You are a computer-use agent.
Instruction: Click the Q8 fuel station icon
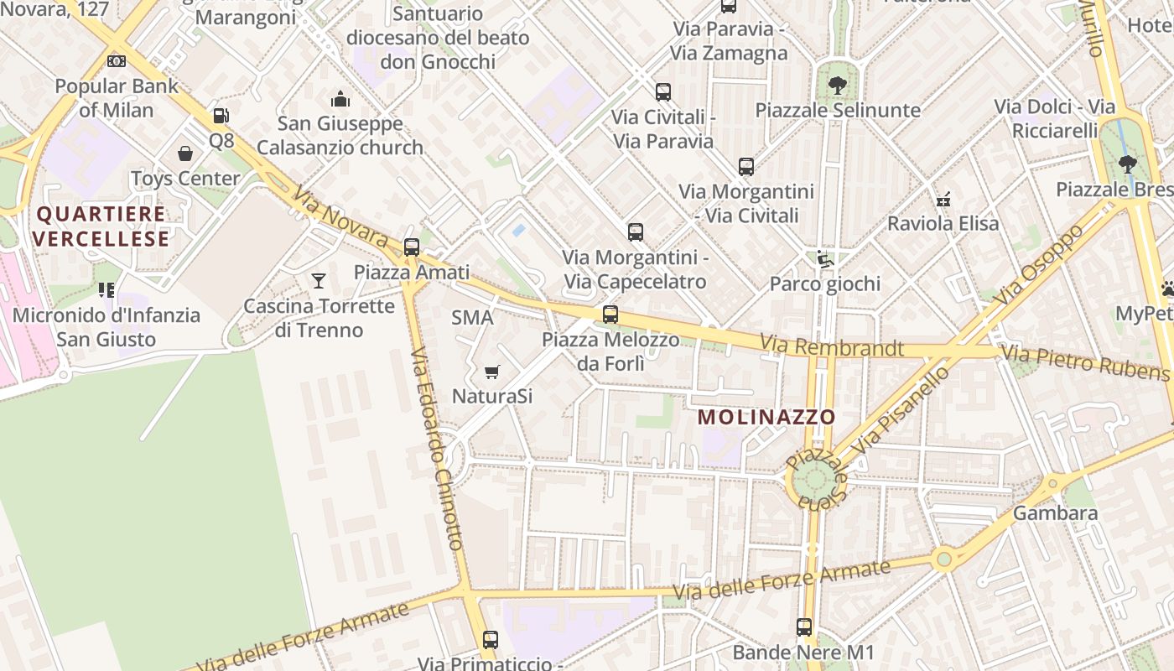point(221,116)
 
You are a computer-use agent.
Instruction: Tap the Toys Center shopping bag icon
point(185,153)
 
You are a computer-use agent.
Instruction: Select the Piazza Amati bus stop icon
point(411,247)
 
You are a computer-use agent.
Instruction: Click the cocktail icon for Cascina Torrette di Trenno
point(319,280)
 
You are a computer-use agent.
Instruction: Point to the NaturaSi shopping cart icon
point(492,371)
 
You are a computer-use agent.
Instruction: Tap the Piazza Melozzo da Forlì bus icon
point(610,315)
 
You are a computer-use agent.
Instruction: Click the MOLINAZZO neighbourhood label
point(766,417)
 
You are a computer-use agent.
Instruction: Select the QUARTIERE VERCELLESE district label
point(101,226)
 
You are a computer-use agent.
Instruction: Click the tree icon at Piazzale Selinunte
point(837,85)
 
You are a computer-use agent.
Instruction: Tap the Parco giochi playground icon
point(825,258)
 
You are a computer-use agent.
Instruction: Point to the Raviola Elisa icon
point(943,199)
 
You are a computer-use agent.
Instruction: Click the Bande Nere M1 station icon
point(803,627)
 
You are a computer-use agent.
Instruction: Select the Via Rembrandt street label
point(831,346)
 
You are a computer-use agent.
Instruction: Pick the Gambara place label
point(1055,512)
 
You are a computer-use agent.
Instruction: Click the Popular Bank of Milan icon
point(117,60)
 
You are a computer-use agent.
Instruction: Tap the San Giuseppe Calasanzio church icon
point(340,99)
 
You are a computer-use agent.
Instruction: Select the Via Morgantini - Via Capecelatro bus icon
point(636,231)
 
